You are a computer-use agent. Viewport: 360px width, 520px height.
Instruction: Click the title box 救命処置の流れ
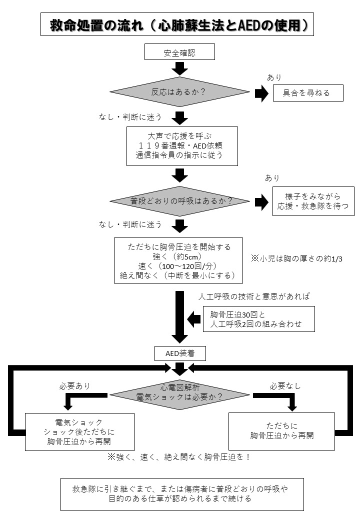click(x=177, y=25)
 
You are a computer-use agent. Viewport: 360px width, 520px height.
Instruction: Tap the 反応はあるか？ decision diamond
click(x=179, y=92)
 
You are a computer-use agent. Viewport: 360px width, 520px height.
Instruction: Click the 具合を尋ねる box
click(x=307, y=92)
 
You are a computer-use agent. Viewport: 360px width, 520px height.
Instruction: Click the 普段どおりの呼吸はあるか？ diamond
click(x=179, y=201)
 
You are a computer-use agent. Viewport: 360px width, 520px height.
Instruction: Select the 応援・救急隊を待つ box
click(x=313, y=201)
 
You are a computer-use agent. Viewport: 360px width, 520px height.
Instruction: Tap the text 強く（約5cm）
click(x=179, y=256)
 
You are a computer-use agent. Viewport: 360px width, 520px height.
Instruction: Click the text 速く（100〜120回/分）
click(x=179, y=265)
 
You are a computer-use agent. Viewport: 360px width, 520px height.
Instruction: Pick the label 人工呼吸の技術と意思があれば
click(x=254, y=296)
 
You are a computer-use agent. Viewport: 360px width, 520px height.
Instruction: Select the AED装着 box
click(x=179, y=353)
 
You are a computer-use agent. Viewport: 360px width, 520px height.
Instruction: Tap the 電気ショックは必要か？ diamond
click(x=179, y=391)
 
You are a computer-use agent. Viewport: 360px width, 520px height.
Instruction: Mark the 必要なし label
click(x=285, y=386)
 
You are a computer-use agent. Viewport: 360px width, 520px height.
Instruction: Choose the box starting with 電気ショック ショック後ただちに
click(x=80, y=431)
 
